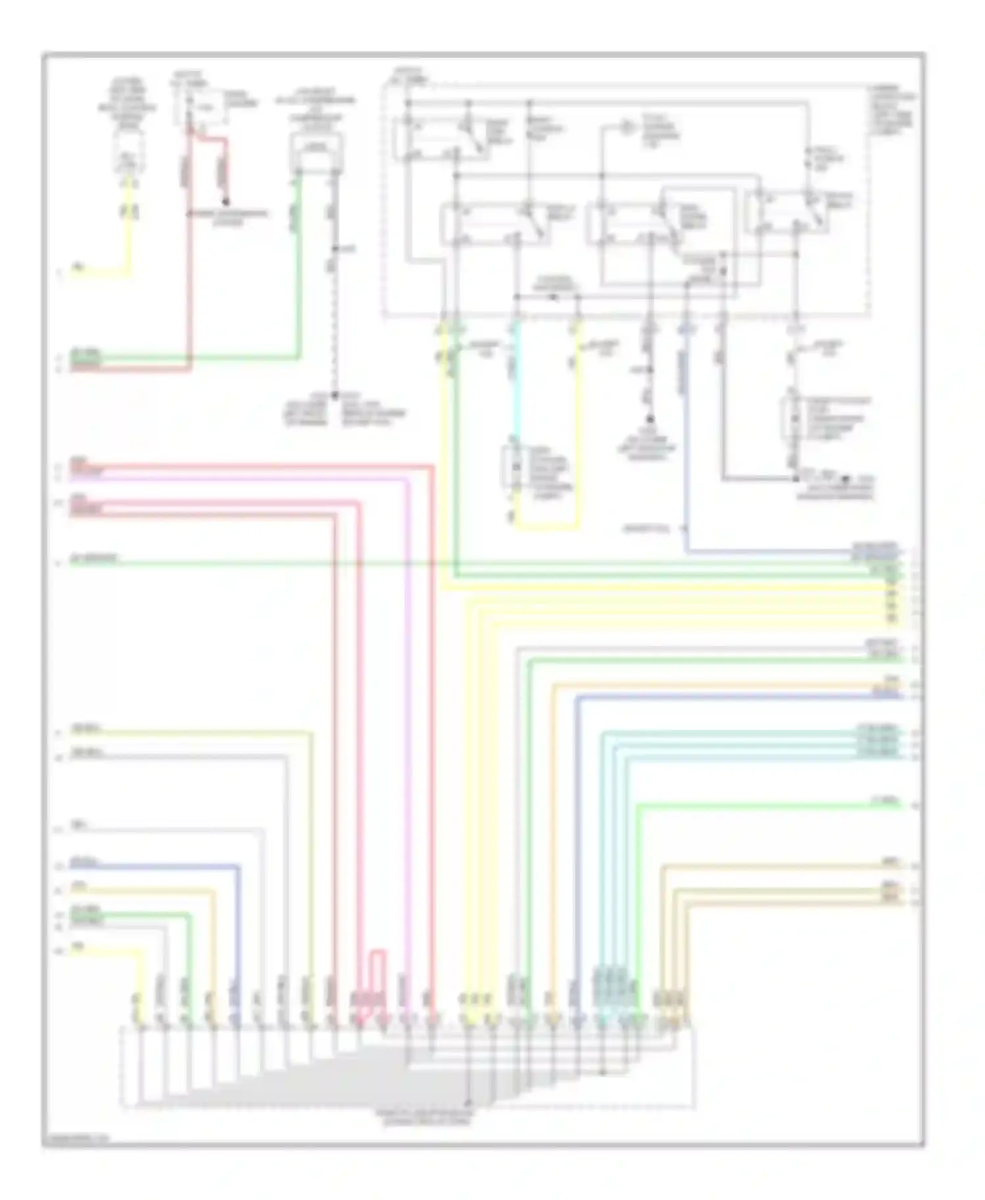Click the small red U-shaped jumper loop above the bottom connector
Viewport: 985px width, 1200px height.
377,951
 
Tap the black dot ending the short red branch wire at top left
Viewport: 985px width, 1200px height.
226,202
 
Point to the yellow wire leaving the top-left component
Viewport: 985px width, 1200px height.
129,223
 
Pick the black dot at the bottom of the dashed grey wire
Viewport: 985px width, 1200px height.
334,395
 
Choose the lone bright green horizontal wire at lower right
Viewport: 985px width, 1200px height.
768,805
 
